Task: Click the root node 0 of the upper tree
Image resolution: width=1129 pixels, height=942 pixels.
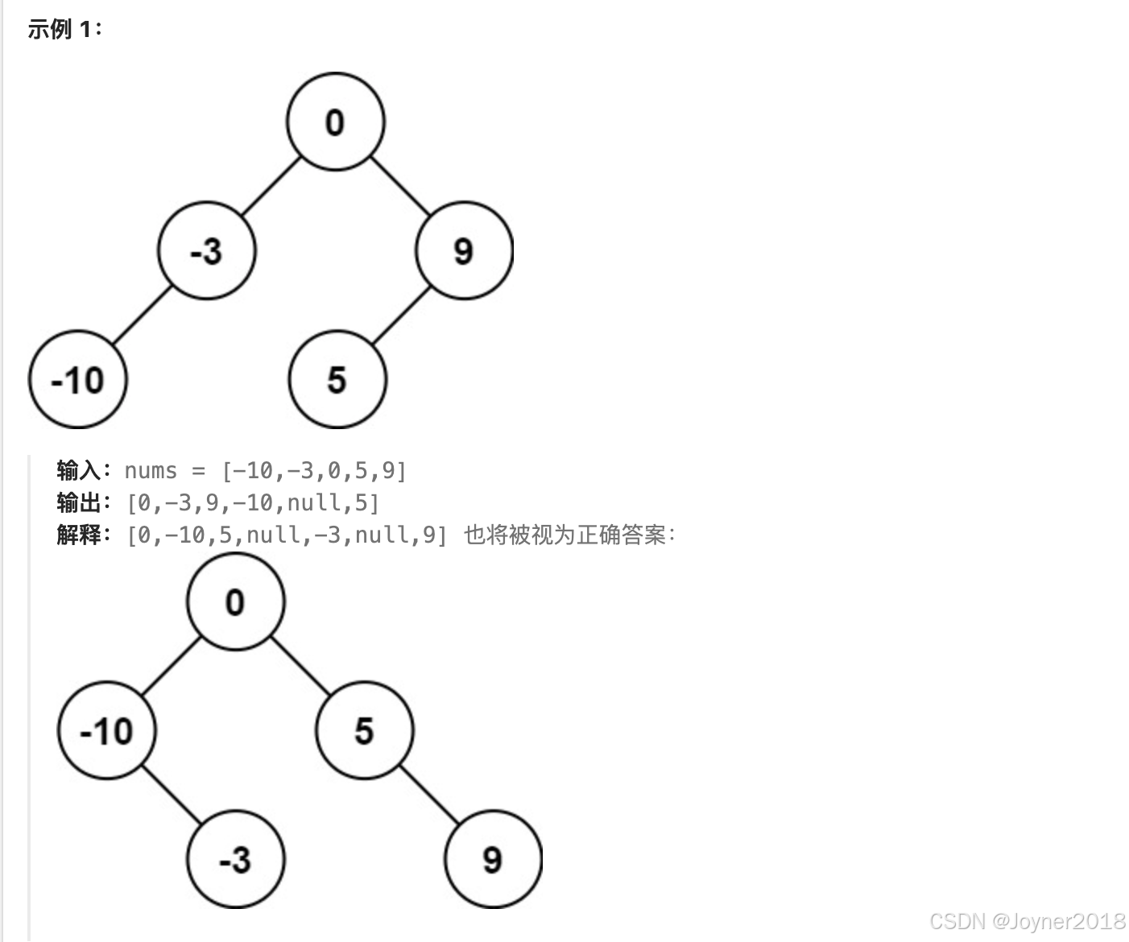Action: pyautogui.click(x=335, y=122)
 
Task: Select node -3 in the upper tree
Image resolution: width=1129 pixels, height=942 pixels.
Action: pyautogui.click(x=207, y=250)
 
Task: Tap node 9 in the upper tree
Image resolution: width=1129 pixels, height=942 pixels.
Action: pyautogui.click(x=464, y=250)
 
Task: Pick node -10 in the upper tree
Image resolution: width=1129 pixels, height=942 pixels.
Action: pyautogui.click(x=77, y=379)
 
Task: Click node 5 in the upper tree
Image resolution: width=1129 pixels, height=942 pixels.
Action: pyautogui.click(x=337, y=379)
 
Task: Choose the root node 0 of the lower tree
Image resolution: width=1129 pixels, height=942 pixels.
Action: pyautogui.click(x=235, y=601)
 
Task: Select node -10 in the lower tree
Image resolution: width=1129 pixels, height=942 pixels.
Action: pyautogui.click(x=106, y=731)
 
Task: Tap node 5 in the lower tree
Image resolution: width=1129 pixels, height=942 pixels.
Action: pyautogui.click(x=364, y=731)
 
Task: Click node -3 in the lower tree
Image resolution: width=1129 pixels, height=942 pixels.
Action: pyautogui.click(x=235, y=860)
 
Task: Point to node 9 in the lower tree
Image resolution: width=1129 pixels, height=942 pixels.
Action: pyautogui.click(x=493, y=860)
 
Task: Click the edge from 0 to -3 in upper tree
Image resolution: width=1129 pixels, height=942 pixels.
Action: pyautogui.click(x=271, y=186)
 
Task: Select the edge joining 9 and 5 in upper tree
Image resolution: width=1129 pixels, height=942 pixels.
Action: pyautogui.click(x=400, y=315)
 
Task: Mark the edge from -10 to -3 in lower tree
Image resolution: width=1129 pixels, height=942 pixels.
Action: pyautogui.click(x=171, y=795)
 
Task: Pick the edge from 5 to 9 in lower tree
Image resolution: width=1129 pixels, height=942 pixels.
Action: pyautogui.click(x=428, y=795)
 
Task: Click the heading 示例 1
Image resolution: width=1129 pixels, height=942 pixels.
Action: pyautogui.click(x=64, y=30)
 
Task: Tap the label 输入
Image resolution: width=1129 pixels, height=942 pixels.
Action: pyautogui.click(x=78, y=470)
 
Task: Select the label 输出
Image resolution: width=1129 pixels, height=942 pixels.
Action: pyautogui.click(x=78, y=502)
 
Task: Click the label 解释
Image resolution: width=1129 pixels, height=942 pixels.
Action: pyautogui.click(x=78, y=534)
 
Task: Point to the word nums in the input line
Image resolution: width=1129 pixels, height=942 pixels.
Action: pyautogui.click(x=151, y=470)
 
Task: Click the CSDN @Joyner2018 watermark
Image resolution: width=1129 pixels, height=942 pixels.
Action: pyautogui.click(x=1027, y=921)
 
